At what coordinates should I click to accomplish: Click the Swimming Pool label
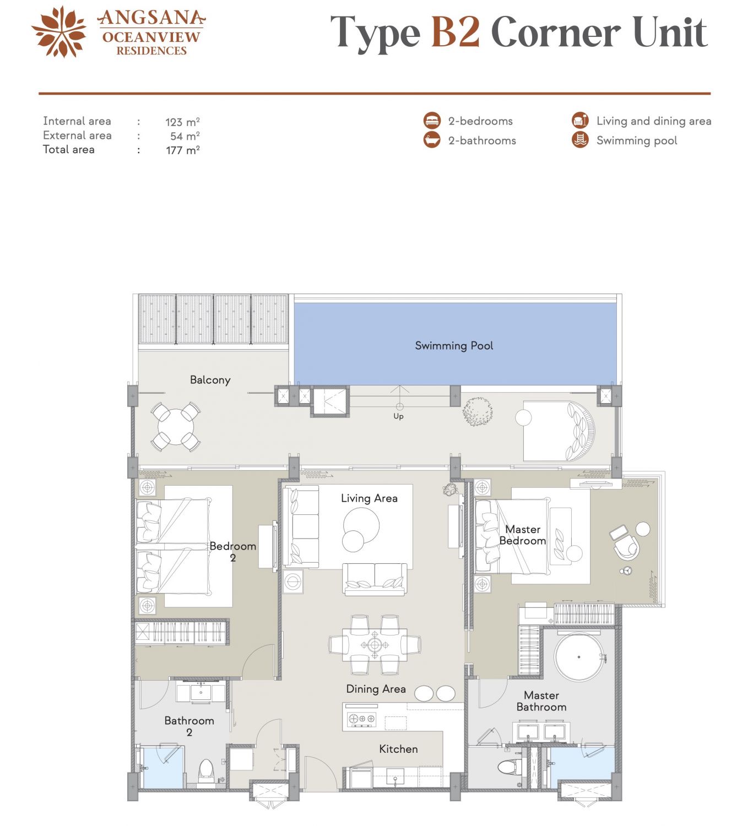pyautogui.click(x=453, y=345)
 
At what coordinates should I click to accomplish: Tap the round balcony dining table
pyautogui.click(x=176, y=426)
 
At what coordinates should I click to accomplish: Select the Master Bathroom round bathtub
pyautogui.click(x=578, y=657)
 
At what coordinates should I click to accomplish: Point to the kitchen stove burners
pyautogui.click(x=362, y=719)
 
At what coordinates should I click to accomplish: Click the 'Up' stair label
pyautogui.click(x=398, y=416)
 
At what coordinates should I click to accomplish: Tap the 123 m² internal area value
pyautogui.click(x=182, y=122)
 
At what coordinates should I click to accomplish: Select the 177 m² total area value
pyautogui.click(x=182, y=150)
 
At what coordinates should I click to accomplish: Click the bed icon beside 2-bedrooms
pyautogui.click(x=432, y=121)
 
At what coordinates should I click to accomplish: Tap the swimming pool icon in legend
pyautogui.click(x=580, y=140)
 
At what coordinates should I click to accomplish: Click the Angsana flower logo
pyautogui.click(x=59, y=32)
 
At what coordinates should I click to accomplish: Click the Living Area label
pyautogui.click(x=369, y=498)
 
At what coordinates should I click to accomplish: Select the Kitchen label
pyautogui.click(x=398, y=749)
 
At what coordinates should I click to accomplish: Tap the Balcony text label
pyautogui.click(x=210, y=379)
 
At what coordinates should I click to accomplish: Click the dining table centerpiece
pyautogui.click(x=375, y=645)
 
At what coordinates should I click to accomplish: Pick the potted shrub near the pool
pyautogui.click(x=478, y=411)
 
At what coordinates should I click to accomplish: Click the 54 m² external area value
pyautogui.click(x=185, y=136)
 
